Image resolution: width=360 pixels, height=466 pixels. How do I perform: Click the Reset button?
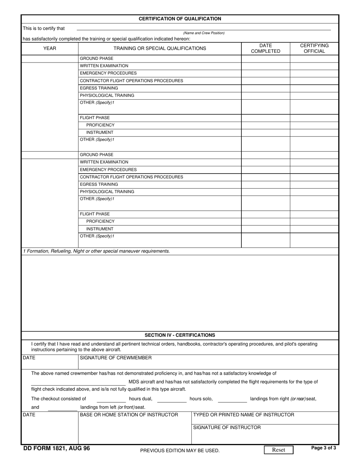279,450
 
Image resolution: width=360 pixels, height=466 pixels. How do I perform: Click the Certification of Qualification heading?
180,19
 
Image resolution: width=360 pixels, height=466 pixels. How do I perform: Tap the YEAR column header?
50,48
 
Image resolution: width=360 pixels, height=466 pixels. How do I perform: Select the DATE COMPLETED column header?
266,48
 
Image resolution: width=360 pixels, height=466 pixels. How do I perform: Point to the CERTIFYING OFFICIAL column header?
314,48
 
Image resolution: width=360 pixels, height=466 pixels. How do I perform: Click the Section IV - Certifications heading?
180,335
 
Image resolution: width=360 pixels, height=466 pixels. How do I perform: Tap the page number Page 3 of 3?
323,448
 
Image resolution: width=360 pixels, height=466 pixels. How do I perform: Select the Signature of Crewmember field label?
116,358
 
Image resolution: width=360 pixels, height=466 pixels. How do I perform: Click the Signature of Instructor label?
227,427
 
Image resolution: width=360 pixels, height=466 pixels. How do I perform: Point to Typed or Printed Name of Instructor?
244,415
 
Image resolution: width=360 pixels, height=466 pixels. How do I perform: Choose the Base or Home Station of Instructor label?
129,415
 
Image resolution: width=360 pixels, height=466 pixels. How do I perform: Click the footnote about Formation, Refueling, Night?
96,251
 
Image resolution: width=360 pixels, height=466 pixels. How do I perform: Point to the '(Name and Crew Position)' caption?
204,33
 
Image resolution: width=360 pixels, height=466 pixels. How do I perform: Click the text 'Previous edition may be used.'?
180,450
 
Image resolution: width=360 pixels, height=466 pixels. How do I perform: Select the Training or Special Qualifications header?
160,48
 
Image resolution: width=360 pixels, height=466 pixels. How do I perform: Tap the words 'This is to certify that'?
44,28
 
